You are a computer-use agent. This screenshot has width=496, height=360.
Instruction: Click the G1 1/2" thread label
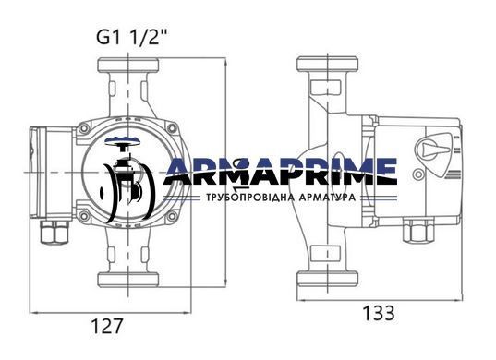point(131,38)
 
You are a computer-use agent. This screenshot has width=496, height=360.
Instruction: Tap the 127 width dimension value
point(106,326)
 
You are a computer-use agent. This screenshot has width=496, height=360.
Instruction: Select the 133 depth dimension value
point(379,313)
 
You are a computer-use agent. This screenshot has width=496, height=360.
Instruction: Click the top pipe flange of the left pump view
point(127,65)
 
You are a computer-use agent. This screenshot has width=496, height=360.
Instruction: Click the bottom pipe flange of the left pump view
point(127,280)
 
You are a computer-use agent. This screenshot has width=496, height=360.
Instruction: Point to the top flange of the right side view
point(327,64)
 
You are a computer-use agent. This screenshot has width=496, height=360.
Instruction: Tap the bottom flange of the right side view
point(327,279)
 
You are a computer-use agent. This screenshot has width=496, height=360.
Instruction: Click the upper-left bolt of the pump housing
point(84,128)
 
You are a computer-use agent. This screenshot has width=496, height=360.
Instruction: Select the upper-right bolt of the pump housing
point(172,128)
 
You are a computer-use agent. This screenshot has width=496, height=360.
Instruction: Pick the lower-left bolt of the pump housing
point(84,216)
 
